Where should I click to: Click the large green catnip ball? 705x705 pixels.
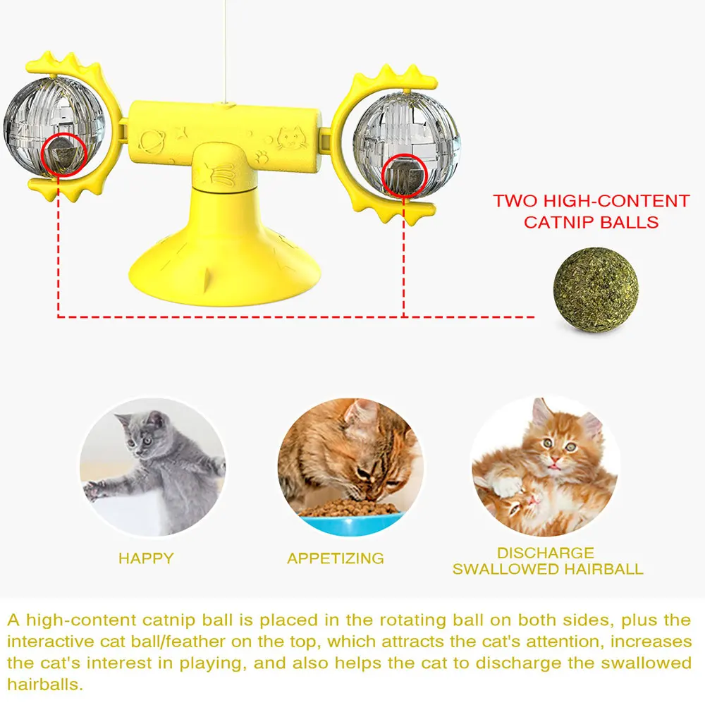pyautogui.click(x=596, y=290)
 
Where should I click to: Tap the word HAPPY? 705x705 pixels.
pyautogui.click(x=146, y=558)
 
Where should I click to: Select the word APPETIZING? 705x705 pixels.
pyautogui.click(x=336, y=558)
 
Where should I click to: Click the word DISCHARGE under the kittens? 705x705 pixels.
pyautogui.click(x=546, y=553)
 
